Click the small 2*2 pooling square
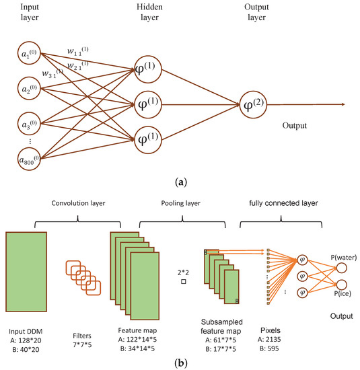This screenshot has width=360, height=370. coord(182,282)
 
